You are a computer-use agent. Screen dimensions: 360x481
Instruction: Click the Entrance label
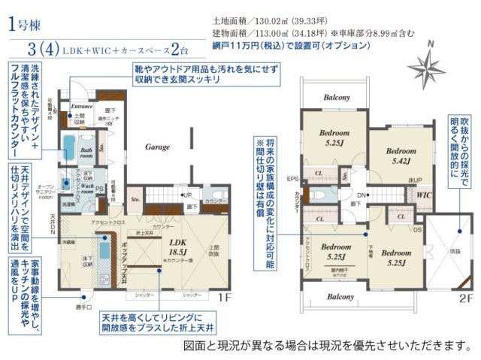pos(81,107)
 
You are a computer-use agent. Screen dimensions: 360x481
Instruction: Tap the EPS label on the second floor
pos(293,179)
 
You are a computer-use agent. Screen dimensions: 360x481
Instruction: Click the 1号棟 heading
pos(26,26)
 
